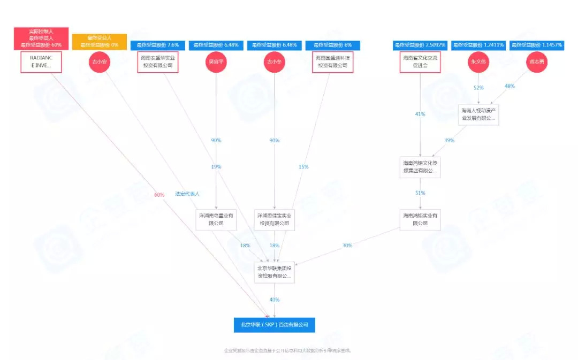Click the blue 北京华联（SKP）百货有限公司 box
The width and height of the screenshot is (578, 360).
tap(274, 325)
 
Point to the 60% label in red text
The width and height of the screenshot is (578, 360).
tap(159, 195)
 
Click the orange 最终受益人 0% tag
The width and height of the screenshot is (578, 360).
tap(100, 42)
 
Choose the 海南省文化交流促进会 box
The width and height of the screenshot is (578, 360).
tap(420, 62)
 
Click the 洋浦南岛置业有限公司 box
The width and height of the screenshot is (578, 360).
tap(216, 219)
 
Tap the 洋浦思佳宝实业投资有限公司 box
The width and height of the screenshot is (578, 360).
tap(274, 219)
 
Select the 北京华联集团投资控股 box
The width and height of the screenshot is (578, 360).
tap(274, 272)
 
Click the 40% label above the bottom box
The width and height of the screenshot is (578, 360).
tap(274, 300)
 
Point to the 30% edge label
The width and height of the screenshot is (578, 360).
tap(347, 246)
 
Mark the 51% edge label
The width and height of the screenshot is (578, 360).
tap(420, 193)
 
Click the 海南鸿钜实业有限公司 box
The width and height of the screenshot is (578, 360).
tap(420, 219)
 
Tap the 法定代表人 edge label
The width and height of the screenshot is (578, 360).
tap(187, 194)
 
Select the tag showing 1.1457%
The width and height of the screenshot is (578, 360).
tap(536, 45)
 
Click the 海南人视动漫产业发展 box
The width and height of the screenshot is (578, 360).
tap(478, 114)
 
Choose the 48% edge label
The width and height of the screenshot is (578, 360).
tap(509, 87)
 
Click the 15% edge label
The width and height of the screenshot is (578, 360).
tap(303, 167)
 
